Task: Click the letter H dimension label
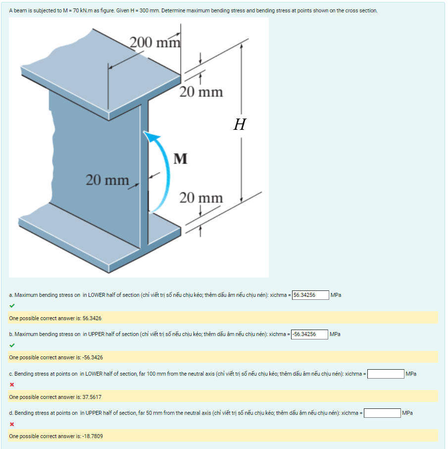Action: [240, 124]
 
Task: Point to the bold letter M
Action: [181, 159]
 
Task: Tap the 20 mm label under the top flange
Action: [201, 92]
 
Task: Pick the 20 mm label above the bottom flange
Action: [201, 198]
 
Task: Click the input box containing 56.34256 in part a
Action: [310, 295]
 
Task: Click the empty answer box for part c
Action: [385, 374]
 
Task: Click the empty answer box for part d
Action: [382, 413]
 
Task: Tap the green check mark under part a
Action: [12, 305]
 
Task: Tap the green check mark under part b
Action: [12, 345]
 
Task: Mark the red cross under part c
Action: [11, 385]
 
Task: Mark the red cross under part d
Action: [11, 424]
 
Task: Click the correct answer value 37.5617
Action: [92, 397]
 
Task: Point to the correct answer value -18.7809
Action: [93, 436]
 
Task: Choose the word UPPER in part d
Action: [96, 413]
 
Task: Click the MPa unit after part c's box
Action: [411, 374]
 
